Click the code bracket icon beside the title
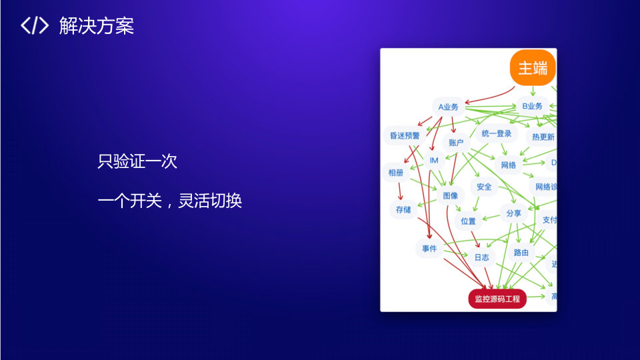(35, 26)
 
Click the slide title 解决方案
(96, 26)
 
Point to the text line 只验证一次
(137, 161)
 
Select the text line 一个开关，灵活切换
(169, 201)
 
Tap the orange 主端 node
(533, 68)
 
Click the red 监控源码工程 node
(497, 299)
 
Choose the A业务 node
(448, 107)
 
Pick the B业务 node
(532, 106)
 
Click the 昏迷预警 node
(405, 135)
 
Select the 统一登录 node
(496, 134)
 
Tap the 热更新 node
(543, 137)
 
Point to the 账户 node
(456, 143)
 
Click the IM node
(433, 161)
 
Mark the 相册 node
(395, 173)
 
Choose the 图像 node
(451, 196)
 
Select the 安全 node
(484, 187)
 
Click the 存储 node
(403, 209)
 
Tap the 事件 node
(429, 249)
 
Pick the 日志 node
(481, 257)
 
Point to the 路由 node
(521, 253)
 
